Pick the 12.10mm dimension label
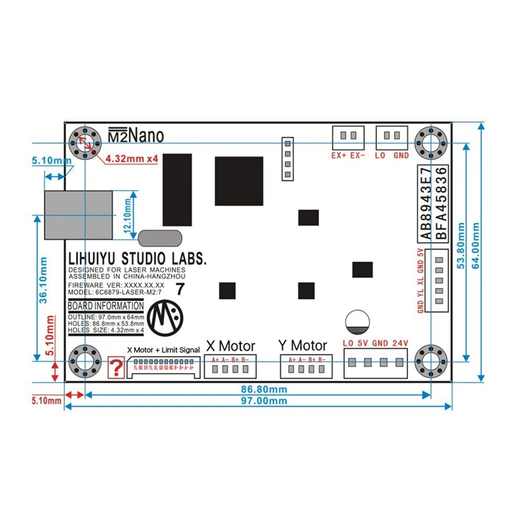[127, 215]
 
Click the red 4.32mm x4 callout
[131, 158]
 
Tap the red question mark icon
[117, 368]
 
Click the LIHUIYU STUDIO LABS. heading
[137, 259]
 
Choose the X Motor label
[229, 346]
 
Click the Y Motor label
[303, 346]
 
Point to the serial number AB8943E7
[425, 203]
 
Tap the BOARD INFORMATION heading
[105, 306]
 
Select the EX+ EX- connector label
[347, 155]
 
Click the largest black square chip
[239, 181]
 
